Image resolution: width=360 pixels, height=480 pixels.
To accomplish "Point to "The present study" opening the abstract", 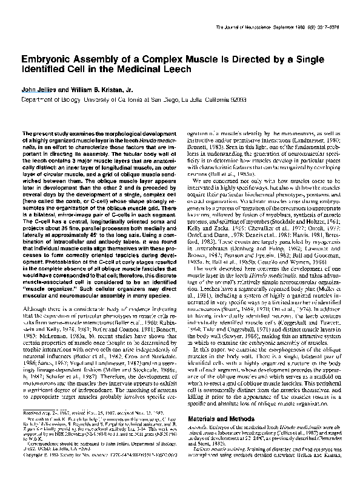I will pyautogui.click(x=42, y=132).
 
